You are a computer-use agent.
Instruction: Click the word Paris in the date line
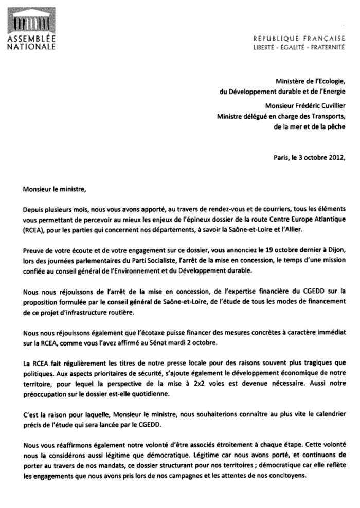coord(282,158)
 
